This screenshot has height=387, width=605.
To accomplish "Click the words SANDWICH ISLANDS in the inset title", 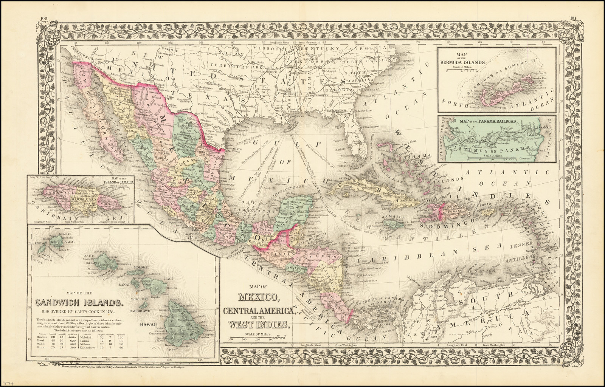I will point(79,302).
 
